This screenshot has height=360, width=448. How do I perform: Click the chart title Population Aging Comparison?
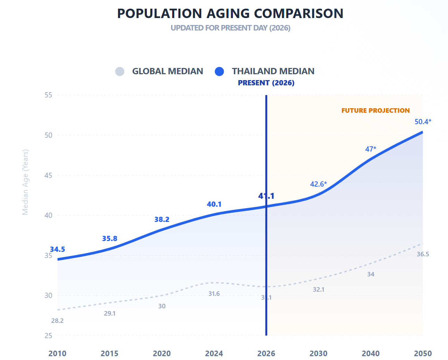[x=230, y=14]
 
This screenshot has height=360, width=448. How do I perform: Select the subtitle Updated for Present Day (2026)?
[x=230, y=28]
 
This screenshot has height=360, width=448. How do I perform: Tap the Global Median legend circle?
[x=120, y=71]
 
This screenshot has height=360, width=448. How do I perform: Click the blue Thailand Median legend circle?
[x=219, y=71]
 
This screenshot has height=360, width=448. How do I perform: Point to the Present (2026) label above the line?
[x=266, y=83]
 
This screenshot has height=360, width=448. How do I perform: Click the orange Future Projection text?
[x=375, y=111]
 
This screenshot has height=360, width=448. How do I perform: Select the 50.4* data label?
[x=423, y=122]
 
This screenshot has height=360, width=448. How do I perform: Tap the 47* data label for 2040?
[x=370, y=149]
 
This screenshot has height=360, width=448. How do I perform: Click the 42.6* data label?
[x=318, y=184]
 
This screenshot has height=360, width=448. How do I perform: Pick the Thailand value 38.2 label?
[x=162, y=220]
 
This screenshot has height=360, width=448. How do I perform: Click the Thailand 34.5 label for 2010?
[x=57, y=249]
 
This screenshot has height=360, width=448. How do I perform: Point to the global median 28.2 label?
[x=57, y=321]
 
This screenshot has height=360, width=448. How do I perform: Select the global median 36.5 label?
[x=423, y=254]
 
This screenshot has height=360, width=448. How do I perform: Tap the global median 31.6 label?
[x=214, y=294]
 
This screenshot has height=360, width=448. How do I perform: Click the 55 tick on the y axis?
[x=48, y=95]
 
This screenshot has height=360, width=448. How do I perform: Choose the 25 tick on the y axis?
[x=48, y=335]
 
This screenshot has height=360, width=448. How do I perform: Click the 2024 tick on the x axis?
[x=214, y=353]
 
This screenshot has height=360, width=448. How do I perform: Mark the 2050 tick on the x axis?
[x=423, y=353]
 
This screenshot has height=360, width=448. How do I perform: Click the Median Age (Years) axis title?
[x=25, y=182]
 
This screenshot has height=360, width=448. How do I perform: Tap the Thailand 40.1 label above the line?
[x=214, y=204]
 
